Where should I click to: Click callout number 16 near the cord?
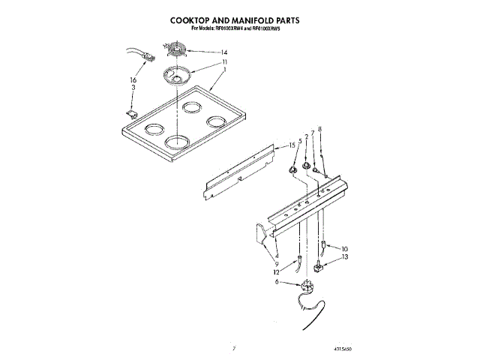tap(133, 79)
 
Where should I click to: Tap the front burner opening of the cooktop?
tap(176, 140)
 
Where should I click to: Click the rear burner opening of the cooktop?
tap(190, 106)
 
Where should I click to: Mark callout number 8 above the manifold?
tap(321, 130)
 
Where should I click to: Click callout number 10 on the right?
tap(345, 248)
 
